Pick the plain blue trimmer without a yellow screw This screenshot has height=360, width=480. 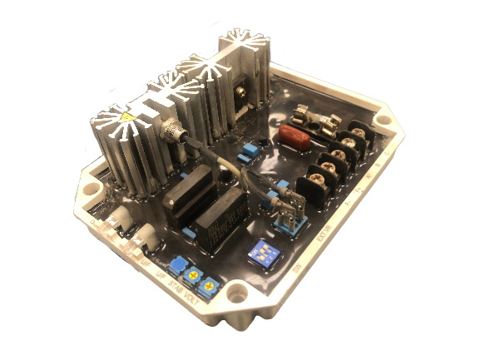pyautogui.click(x=177, y=265)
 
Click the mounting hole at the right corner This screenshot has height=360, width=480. pyautogui.click(x=382, y=118)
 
